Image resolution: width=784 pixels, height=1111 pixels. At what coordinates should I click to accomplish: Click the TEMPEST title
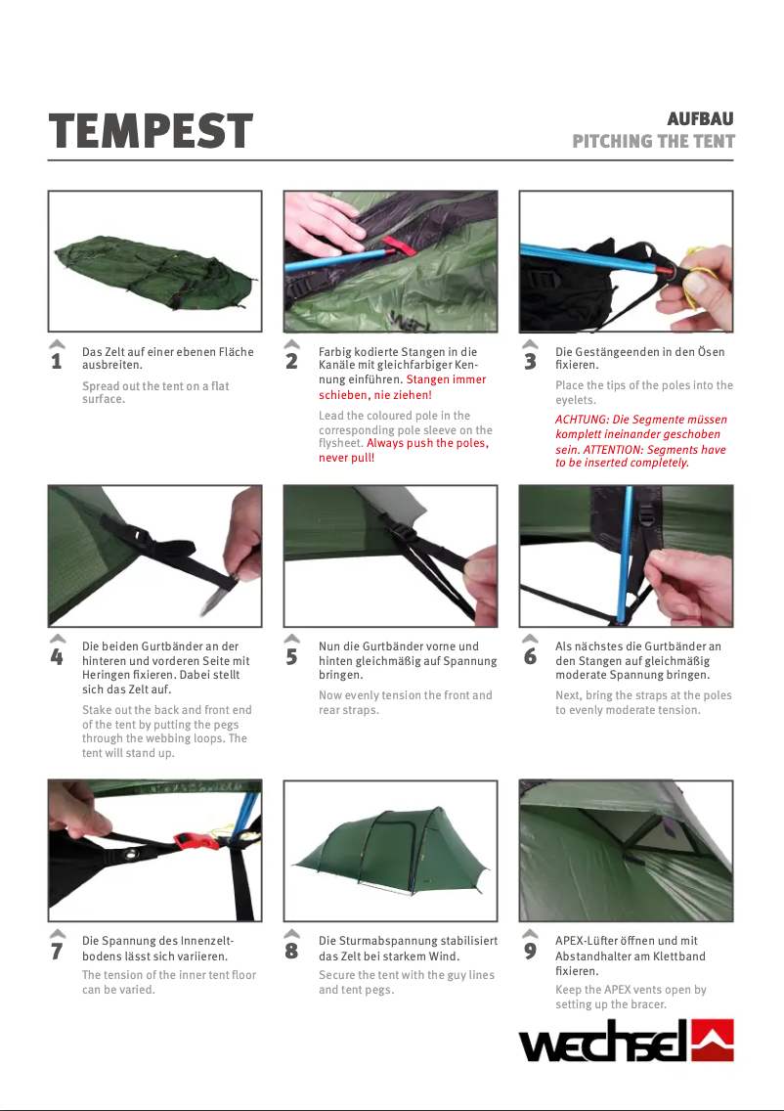[151, 131]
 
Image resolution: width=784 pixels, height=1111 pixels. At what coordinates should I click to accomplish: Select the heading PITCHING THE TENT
[653, 141]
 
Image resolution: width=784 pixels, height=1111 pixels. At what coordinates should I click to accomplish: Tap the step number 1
[57, 362]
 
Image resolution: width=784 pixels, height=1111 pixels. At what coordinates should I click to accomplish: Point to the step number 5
[291, 657]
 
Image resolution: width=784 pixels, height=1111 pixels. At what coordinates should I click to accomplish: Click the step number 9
[530, 952]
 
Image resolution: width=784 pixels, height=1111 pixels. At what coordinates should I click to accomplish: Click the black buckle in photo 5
[403, 533]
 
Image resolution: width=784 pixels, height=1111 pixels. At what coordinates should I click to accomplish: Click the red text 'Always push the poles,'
[427, 443]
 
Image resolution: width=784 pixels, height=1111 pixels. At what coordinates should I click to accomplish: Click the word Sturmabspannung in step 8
[386, 941]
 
